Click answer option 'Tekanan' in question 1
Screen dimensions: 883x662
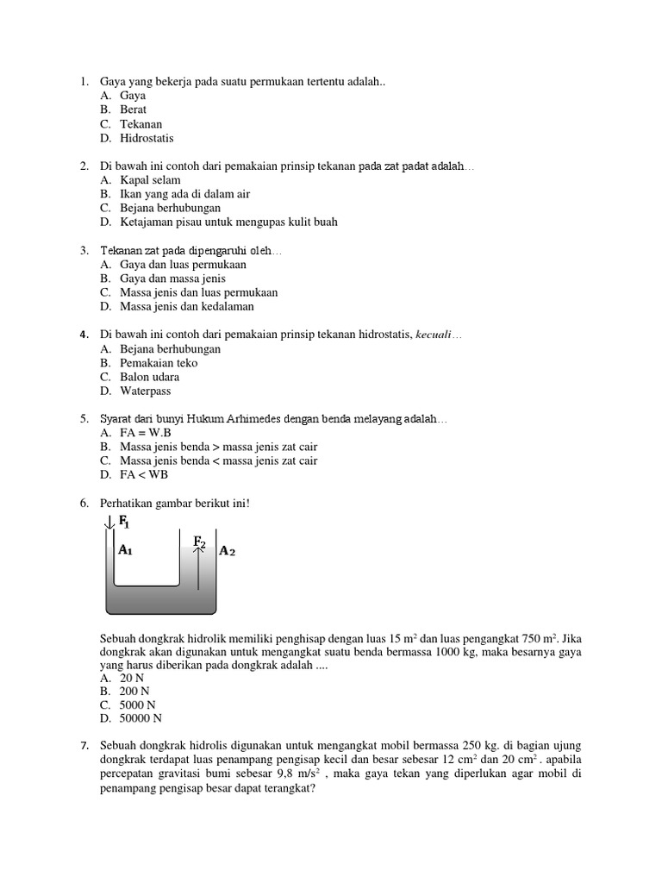tap(141, 124)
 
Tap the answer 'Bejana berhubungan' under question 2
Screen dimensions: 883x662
tap(170, 208)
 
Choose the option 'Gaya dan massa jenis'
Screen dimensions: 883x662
tap(172, 279)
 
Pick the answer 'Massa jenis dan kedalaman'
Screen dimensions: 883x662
tap(186, 306)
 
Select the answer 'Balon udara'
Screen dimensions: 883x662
tap(150, 377)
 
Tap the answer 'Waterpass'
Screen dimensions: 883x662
tap(145, 391)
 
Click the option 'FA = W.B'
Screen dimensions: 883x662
tap(146, 433)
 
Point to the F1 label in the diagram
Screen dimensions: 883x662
tap(124, 522)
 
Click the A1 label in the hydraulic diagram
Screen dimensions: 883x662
tap(125, 550)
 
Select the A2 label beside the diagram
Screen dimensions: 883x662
tap(227, 551)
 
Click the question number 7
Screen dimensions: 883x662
tap(84, 744)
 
